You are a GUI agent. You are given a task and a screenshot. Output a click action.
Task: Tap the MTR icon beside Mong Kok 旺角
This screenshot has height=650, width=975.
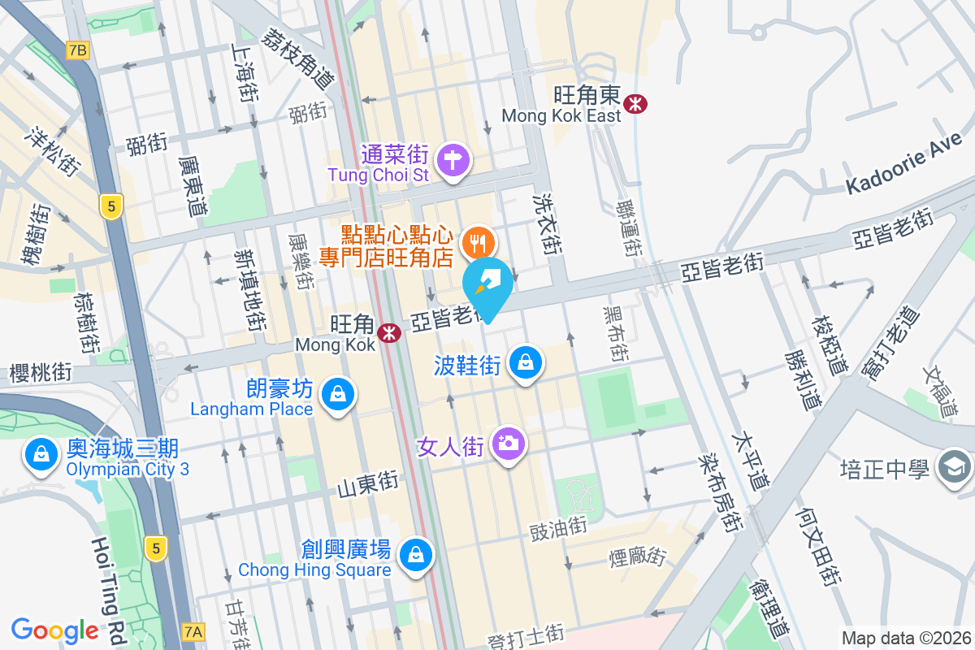click(x=389, y=331)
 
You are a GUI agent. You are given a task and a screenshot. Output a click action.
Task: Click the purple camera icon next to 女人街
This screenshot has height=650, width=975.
click(x=509, y=444)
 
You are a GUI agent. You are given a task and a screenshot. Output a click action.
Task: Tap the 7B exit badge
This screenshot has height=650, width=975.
click(x=78, y=50)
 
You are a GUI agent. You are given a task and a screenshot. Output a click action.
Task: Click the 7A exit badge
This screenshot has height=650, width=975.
click(x=193, y=630)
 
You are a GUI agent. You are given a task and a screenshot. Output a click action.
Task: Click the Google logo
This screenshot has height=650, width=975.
click(x=54, y=630)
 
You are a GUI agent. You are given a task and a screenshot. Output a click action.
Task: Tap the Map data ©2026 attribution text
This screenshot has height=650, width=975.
click(x=906, y=639)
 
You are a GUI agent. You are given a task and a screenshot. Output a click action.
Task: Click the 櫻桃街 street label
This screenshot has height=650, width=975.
click(x=41, y=372)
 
